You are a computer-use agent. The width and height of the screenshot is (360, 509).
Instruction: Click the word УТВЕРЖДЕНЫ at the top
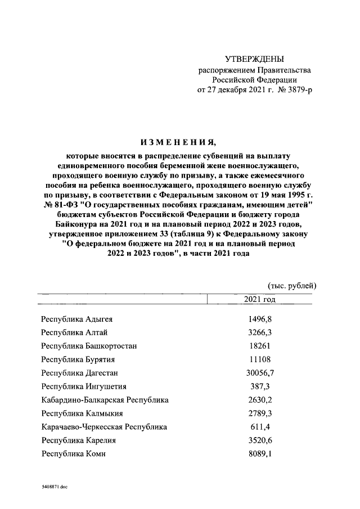coord(254,58)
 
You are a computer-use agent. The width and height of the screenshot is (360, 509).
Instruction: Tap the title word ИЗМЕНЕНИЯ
coord(179,141)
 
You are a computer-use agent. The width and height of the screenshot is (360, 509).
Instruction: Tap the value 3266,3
coord(260,332)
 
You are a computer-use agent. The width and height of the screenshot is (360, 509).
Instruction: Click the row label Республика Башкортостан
coord(89,346)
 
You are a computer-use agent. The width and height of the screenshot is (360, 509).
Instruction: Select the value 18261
coord(260,346)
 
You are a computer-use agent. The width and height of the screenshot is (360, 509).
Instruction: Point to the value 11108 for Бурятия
coord(260,359)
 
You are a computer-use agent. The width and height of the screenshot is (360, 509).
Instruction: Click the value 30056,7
coord(260,373)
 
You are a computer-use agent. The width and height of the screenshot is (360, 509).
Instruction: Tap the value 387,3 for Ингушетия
coord(260,386)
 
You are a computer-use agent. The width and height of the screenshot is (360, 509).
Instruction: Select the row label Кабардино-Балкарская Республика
coord(105,400)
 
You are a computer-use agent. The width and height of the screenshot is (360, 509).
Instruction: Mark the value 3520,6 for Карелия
coord(260,440)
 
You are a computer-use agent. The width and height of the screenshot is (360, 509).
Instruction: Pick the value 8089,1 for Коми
coord(260,454)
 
